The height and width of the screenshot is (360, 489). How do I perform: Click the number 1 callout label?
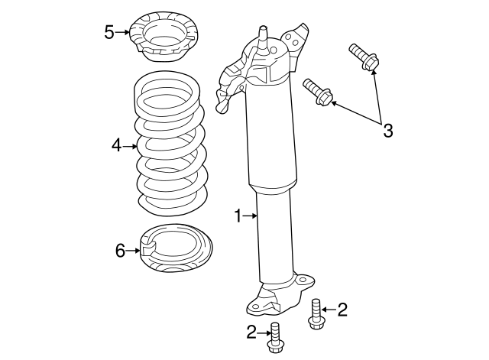click(x=238, y=217)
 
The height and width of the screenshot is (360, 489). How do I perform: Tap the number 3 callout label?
click(x=387, y=131)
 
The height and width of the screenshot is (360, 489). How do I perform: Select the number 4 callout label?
click(x=116, y=144)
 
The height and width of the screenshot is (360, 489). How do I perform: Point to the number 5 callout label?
click(x=109, y=32)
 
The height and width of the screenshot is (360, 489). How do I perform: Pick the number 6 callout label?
click(x=120, y=250)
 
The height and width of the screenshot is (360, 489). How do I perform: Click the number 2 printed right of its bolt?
click(x=342, y=310)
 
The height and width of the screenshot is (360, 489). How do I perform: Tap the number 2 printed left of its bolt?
click(x=251, y=332)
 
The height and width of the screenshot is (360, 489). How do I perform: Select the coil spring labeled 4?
click(x=170, y=145)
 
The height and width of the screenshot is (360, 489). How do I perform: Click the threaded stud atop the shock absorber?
click(x=264, y=39)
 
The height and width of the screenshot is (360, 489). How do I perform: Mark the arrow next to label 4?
click(x=130, y=144)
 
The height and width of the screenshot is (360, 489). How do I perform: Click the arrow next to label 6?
click(x=134, y=250)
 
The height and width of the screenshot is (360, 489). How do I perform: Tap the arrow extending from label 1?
click(x=251, y=217)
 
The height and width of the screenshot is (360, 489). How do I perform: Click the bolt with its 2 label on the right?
click(x=316, y=315)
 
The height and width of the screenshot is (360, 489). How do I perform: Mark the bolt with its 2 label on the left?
click(x=275, y=339)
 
